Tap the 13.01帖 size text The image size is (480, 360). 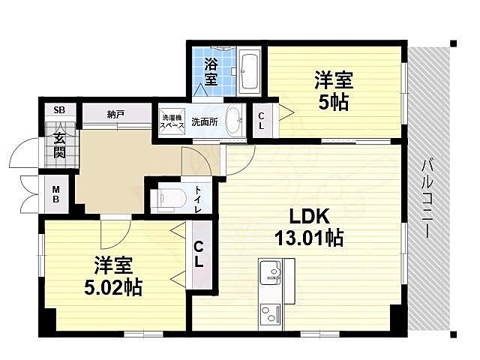click(309, 239)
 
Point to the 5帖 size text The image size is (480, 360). click(334, 102)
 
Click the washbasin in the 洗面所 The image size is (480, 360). click(234, 121)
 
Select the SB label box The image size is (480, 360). click(59, 110)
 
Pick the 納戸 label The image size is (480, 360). click(115, 115)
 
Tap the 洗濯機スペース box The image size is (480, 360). click(171, 121)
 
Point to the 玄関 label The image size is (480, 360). click(59, 145)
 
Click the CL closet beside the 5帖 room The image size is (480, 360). click(260, 121)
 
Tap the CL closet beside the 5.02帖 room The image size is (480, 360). click(199, 255)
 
